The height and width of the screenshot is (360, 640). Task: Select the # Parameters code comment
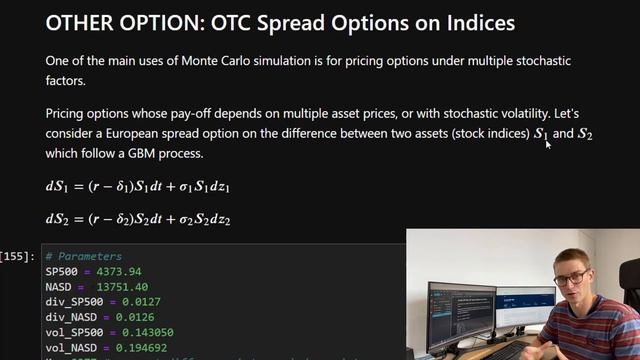pyautogui.click(x=83, y=257)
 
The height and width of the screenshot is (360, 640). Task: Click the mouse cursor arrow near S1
pyautogui.click(x=548, y=144)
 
